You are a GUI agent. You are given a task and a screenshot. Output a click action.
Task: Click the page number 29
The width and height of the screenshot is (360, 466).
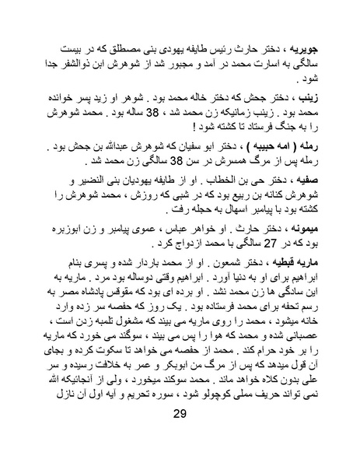coord(180,443)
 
